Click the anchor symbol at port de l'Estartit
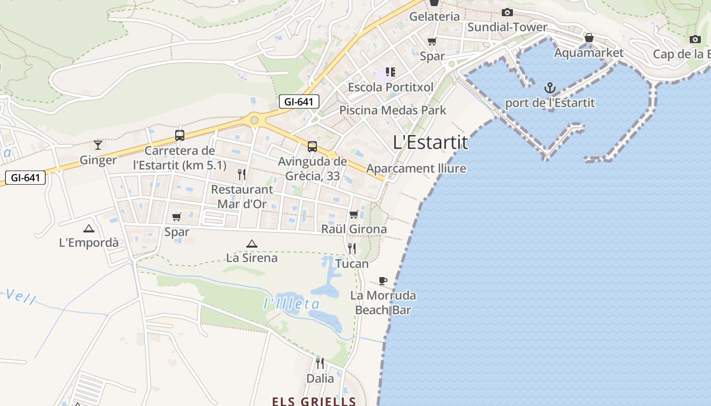(550, 88)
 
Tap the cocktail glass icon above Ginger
(98, 145)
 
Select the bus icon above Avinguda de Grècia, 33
(312, 147)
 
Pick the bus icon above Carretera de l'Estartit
(179, 136)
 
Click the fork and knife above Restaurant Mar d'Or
(242, 175)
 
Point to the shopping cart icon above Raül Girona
(353, 214)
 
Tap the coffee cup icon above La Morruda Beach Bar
(383, 281)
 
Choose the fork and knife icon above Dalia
(320, 363)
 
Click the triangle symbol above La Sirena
(251, 244)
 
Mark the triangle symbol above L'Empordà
(89, 228)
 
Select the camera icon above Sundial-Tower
(507, 13)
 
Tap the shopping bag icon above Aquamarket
(589, 38)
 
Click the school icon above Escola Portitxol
(390, 72)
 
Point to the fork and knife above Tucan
(351, 249)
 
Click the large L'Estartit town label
(430, 143)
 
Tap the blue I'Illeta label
(292, 304)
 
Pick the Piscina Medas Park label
(393, 110)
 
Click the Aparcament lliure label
(416, 168)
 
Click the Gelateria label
(434, 16)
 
